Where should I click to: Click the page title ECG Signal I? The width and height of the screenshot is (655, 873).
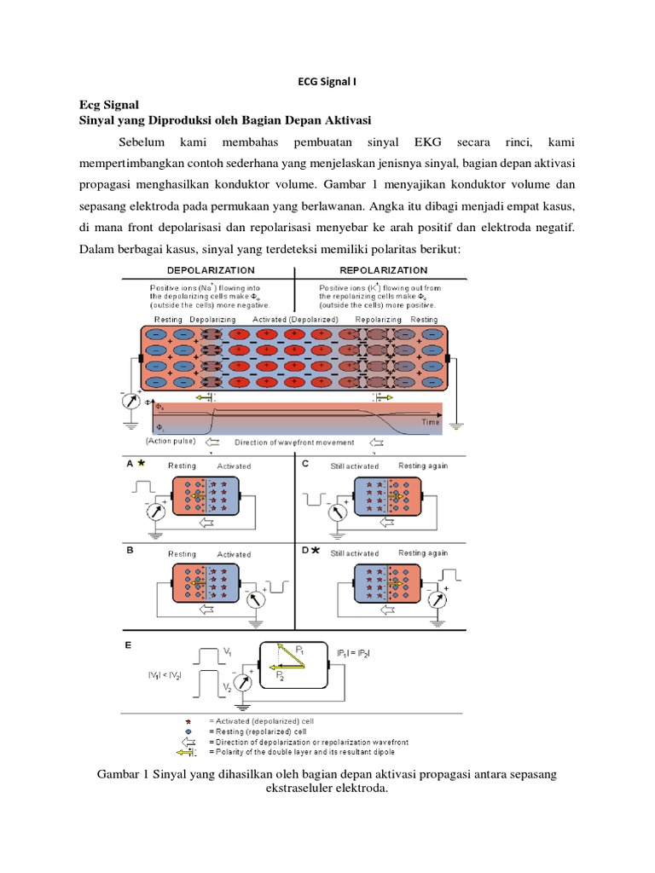click(x=327, y=83)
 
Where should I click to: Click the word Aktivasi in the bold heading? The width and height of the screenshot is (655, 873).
click(x=344, y=119)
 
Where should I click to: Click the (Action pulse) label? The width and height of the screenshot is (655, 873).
click(x=171, y=441)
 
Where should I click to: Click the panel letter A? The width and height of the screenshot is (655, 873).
click(x=130, y=465)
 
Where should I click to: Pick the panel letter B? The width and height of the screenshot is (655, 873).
click(x=130, y=551)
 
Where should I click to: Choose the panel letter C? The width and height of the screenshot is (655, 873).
click(x=304, y=465)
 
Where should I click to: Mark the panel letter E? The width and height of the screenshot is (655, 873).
click(x=130, y=645)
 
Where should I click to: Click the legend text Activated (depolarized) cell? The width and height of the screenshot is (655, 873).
click(x=257, y=720)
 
